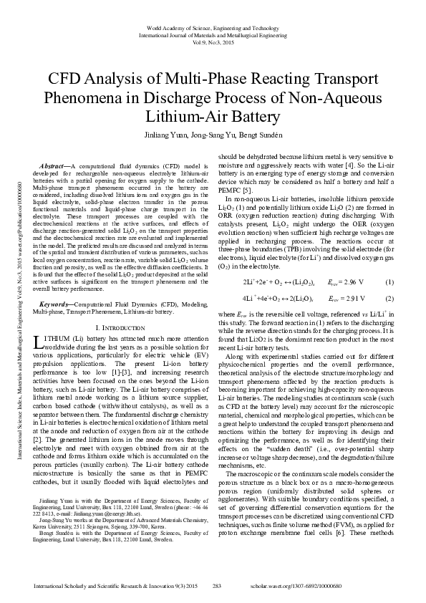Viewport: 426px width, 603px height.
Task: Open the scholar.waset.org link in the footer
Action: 344,587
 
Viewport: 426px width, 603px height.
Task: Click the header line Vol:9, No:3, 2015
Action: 213,41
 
